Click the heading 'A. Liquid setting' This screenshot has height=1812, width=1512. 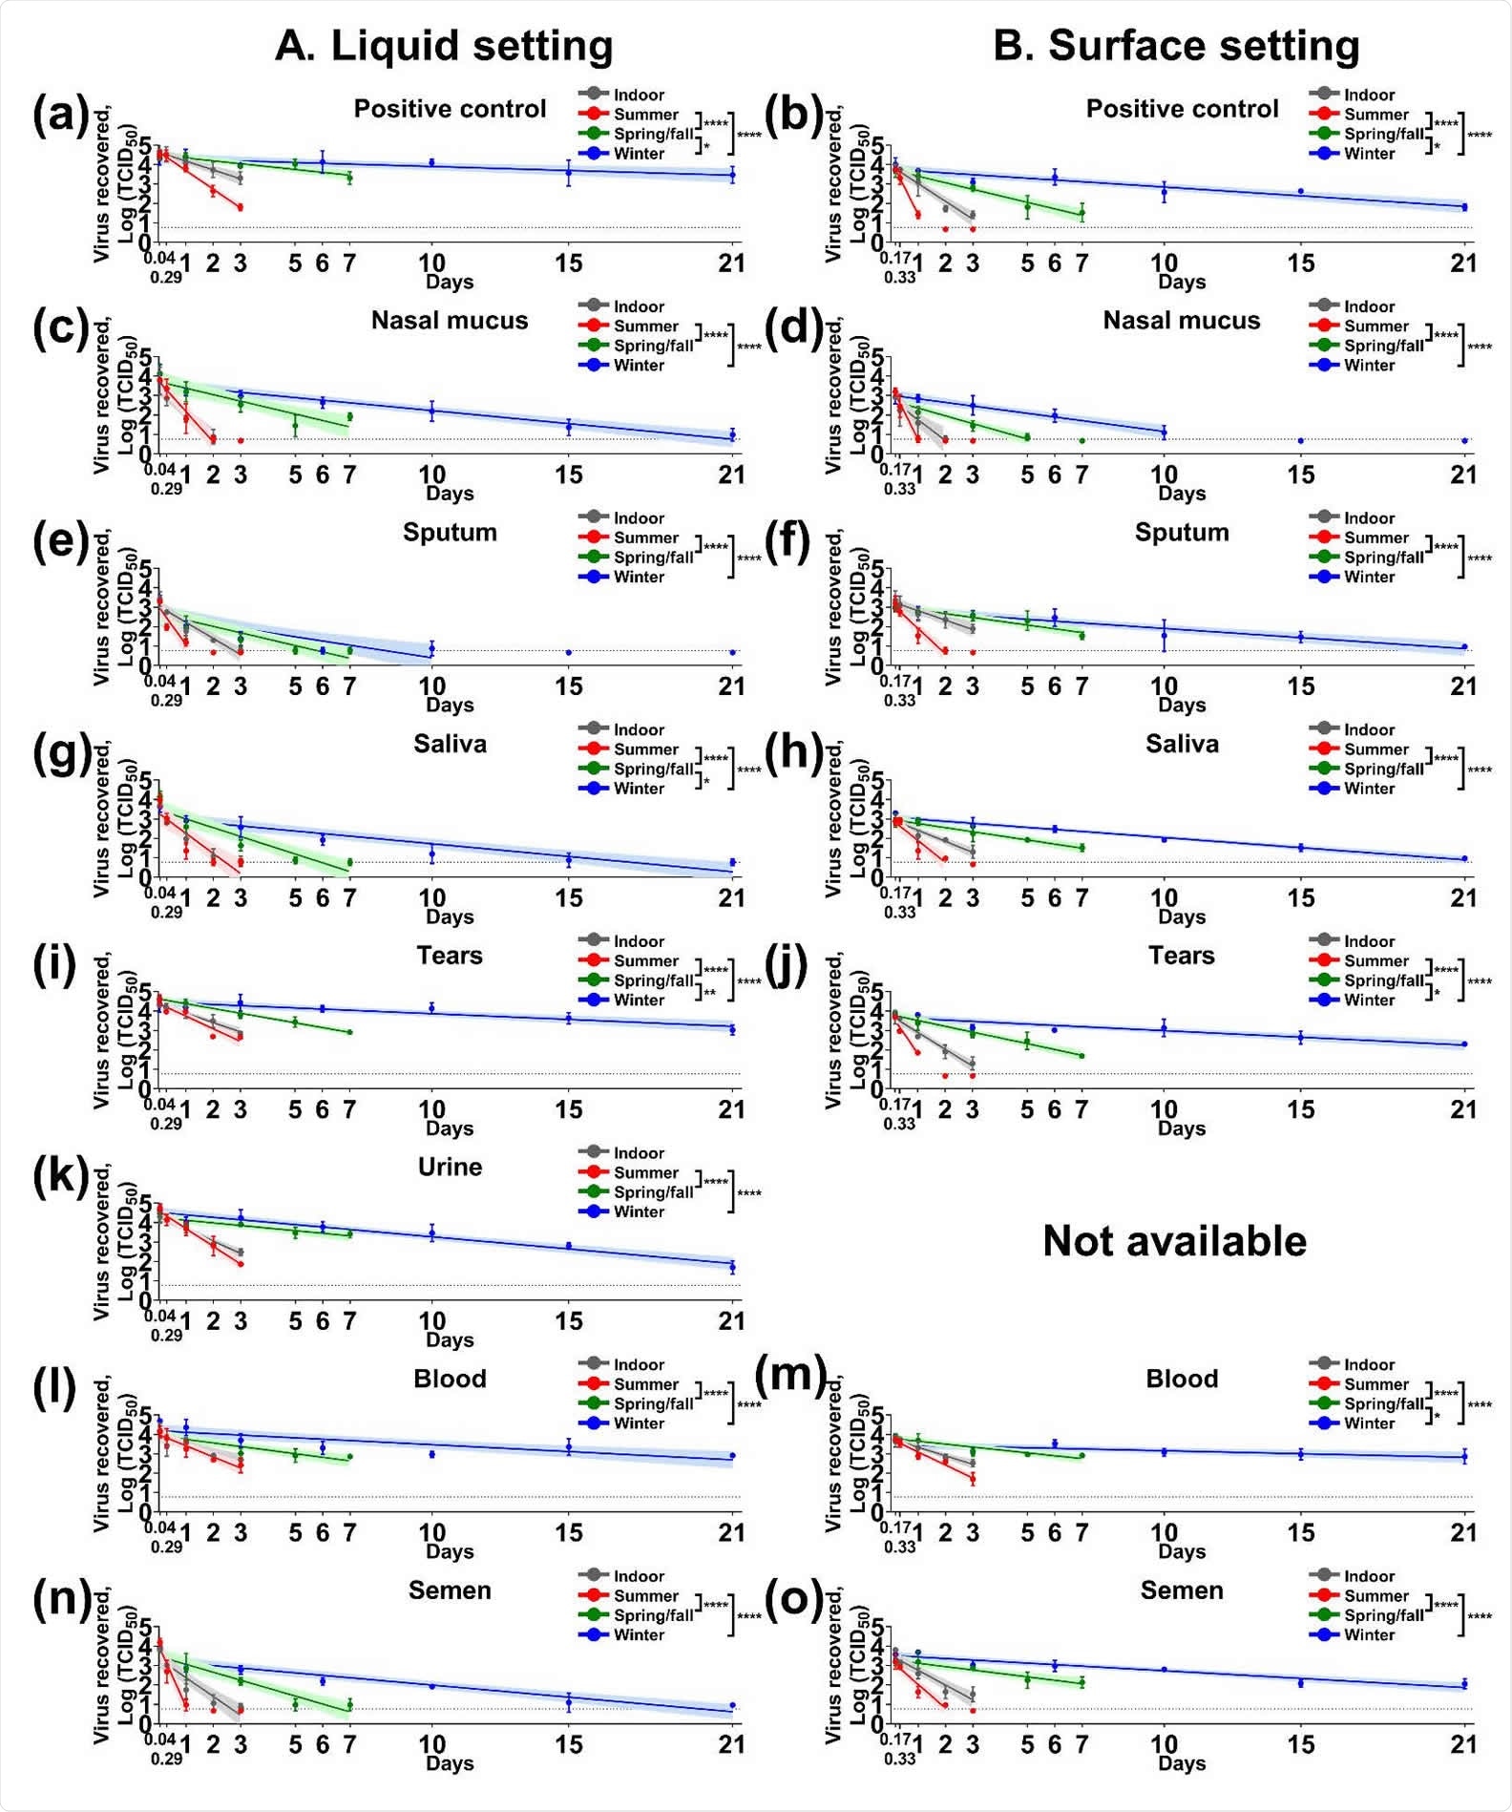[x=444, y=46]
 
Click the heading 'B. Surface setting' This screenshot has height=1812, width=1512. [x=1176, y=46]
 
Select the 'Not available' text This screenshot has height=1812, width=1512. [x=1174, y=1241]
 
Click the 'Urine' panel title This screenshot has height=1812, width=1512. [x=450, y=1167]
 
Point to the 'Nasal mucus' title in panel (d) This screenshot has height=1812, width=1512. [x=1181, y=321]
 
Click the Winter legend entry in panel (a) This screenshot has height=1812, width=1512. [x=638, y=154]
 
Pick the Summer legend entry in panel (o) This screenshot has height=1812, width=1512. [x=1375, y=1596]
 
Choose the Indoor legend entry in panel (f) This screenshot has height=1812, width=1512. [x=1369, y=518]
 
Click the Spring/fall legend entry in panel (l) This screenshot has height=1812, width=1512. [x=653, y=1403]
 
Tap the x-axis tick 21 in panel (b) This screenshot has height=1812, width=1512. [x=1463, y=263]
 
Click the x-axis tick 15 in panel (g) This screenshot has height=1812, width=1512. [x=569, y=898]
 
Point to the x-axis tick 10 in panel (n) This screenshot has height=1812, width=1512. [x=431, y=1744]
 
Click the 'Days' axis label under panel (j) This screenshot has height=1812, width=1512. [x=1181, y=1128]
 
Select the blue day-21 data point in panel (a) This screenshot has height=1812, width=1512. [x=732, y=175]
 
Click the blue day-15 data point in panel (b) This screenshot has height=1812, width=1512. [x=1300, y=191]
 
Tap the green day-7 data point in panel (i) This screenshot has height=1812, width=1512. [x=349, y=1032]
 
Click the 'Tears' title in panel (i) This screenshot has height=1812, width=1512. [x=450, y=956]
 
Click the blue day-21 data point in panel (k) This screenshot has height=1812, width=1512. [x=732, y=1267]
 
